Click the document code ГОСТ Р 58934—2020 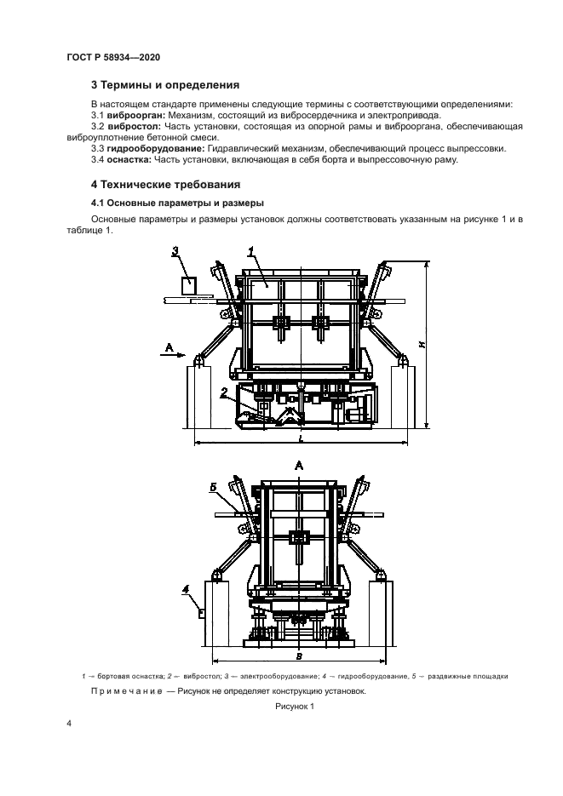coord(112,57)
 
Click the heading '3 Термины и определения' coord(164,85)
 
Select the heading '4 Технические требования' coord(166,184)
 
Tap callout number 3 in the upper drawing coord(175,251)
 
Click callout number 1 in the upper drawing coord(251,251)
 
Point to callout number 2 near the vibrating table coord(223,392)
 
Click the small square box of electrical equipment coord(187,283)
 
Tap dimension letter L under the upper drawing coord(301,438)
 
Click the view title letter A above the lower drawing coord(298,465)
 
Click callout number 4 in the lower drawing coord(186,589)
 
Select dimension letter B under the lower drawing coord(297,656)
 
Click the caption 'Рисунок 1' coord(295,707)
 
